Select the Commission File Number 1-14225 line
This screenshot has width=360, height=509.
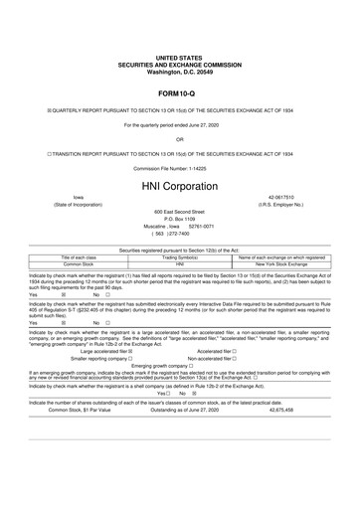click(x=179, y=168)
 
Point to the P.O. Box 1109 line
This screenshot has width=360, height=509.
click(x=179, y=219)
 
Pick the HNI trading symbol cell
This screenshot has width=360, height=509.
click(x=179, y=263)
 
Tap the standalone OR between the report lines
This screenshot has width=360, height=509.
click(x=179, y=139)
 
